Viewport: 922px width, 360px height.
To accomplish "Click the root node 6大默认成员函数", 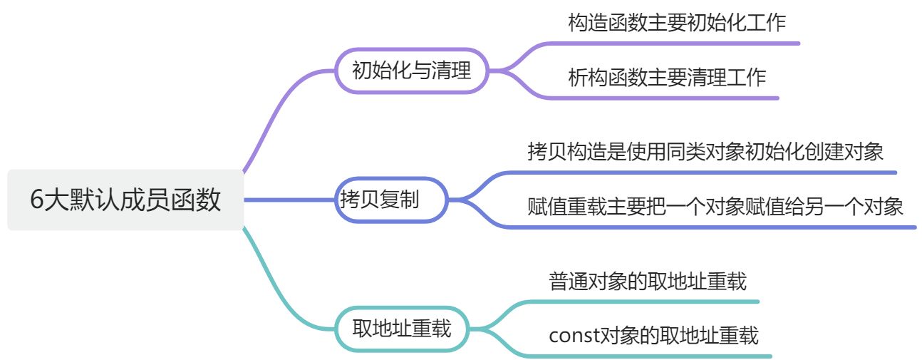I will point(125,200).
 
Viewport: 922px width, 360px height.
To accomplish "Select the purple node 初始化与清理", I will point(412,71).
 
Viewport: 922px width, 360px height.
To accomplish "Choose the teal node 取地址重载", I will point(403,329).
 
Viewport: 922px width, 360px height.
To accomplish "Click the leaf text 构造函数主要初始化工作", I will point(677,23).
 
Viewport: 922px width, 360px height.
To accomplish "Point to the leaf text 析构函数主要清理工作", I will point(667,77).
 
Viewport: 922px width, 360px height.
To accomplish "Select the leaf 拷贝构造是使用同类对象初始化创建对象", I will point(705,151).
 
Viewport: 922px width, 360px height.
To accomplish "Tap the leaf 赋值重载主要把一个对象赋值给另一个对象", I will point(715,207).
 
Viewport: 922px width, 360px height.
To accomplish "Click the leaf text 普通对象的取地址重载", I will point(648,281).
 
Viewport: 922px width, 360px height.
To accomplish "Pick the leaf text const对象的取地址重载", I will point(653,335).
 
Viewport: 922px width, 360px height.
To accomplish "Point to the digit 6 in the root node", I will point(37,200).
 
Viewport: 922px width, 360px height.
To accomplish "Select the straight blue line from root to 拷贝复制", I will point(289,200).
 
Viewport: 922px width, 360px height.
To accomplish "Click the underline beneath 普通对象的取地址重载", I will point(648,302).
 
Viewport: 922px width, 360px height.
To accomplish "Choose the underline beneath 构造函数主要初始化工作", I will point(677,43).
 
